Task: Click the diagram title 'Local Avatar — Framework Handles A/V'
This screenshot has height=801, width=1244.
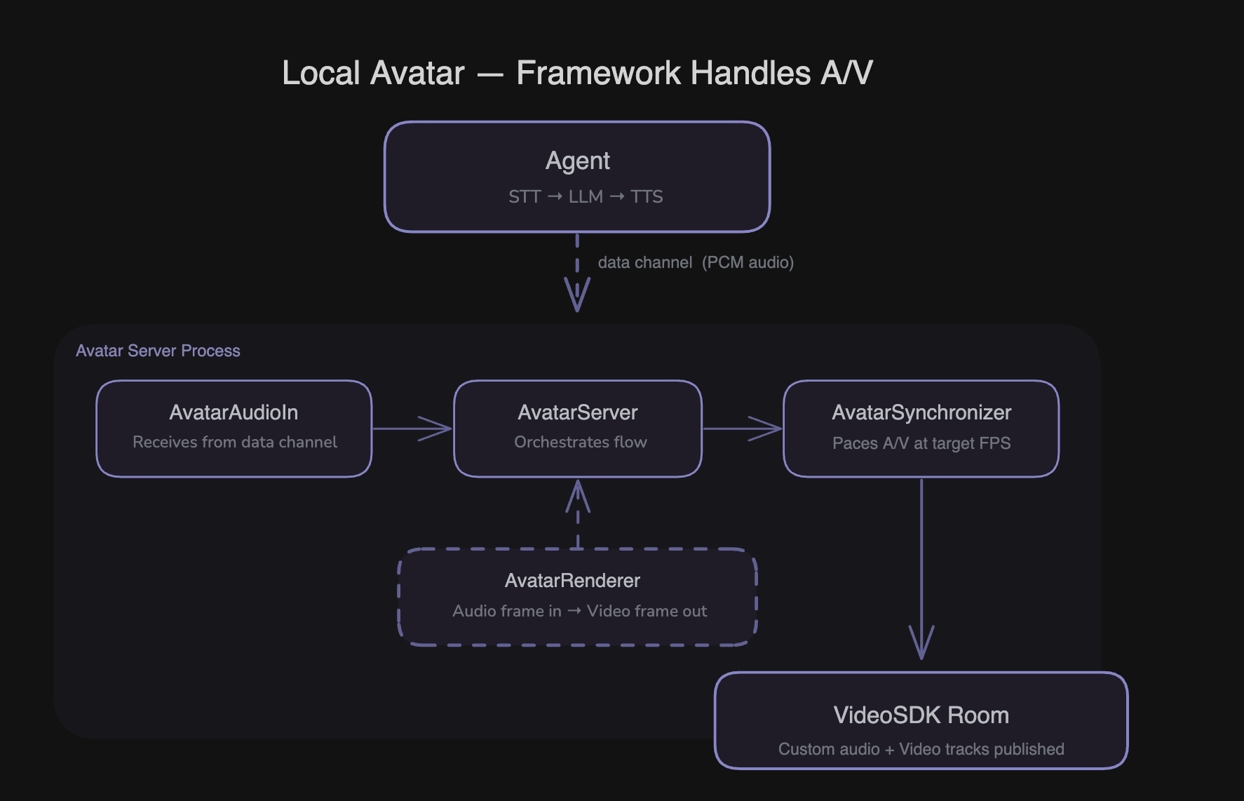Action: [577, 73]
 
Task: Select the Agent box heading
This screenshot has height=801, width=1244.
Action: [577, 161]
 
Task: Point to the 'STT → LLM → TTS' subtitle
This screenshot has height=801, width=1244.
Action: [586, 197]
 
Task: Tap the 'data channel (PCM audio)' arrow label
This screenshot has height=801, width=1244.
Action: [695, 262]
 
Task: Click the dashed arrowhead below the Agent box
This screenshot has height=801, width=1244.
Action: [577, 295]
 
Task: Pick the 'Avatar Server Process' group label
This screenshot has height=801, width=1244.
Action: [158, 351]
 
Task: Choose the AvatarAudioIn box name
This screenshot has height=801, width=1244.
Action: [234, 412]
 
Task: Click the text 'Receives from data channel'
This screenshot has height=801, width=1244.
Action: [235, 442]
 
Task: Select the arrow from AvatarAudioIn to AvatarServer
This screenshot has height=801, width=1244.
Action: [412, 429]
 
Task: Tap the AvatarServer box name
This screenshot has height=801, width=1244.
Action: [577, 412]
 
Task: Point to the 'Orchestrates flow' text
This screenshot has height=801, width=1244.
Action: [581, 442]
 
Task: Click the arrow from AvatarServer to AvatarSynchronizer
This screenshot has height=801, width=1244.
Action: [742, 429]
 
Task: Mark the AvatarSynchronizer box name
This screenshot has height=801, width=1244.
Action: [921, 412]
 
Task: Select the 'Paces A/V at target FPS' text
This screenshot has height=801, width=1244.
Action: [921, 443]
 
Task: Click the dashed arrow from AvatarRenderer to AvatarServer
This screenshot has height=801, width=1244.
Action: [578, 513]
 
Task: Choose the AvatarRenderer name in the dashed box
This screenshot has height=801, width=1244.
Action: [572, 581]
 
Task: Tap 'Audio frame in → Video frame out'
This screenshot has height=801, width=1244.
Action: [579, 611]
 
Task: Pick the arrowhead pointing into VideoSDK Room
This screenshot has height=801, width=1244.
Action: [921, 642]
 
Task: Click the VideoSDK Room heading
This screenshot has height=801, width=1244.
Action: [921, 715]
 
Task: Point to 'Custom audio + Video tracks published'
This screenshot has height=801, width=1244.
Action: [921, 749]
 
